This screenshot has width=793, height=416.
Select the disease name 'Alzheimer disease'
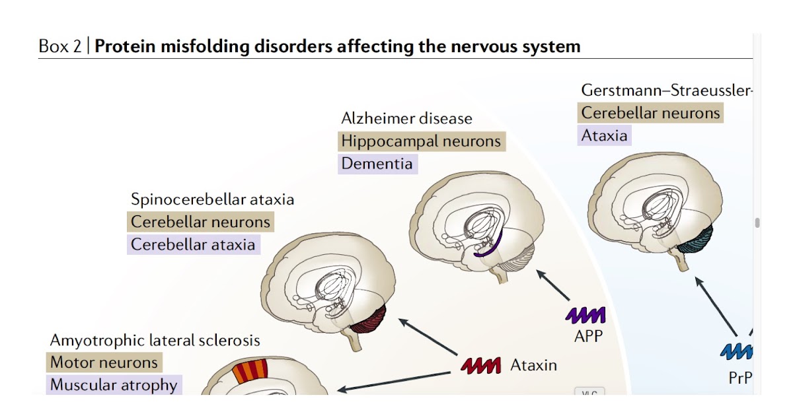point(406,119)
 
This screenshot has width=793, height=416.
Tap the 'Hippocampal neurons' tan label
point(421,141)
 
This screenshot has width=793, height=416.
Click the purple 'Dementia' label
point(377,164)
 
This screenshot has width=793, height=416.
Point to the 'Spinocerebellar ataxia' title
point(212,199)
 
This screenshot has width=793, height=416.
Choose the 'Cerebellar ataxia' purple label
point(192,244)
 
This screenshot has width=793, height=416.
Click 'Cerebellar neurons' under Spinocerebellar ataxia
point(200,222)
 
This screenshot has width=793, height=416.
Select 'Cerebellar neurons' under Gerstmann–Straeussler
point(650,113)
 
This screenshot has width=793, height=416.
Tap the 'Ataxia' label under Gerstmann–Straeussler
point(604,135)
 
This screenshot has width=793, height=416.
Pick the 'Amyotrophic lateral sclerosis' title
point(155,341)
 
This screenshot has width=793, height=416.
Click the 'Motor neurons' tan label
point(104,363)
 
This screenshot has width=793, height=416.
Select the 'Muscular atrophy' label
point(114,385)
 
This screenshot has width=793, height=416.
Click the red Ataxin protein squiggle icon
point(481,365)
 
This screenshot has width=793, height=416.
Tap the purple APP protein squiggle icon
point(585,315)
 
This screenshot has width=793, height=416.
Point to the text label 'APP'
point(588,335)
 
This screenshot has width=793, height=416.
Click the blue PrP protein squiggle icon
point(736,351)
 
